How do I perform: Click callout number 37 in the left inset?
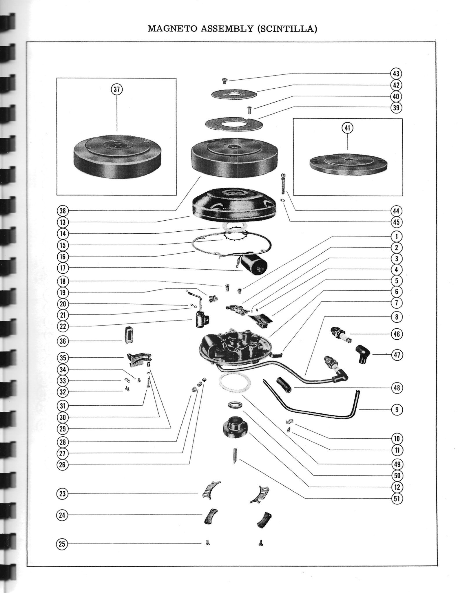pos(117,89)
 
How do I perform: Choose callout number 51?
pos(397,498)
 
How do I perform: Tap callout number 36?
pos(63,341)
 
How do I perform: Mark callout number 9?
pos(397,410)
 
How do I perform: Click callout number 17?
pos(63,268)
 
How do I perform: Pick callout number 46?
pos(397,334)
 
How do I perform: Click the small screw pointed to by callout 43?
pos(224,81)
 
